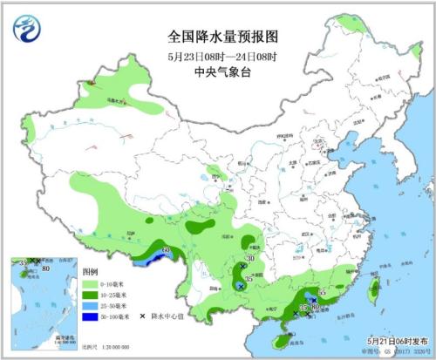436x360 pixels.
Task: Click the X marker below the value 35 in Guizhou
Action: click(241, 286)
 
